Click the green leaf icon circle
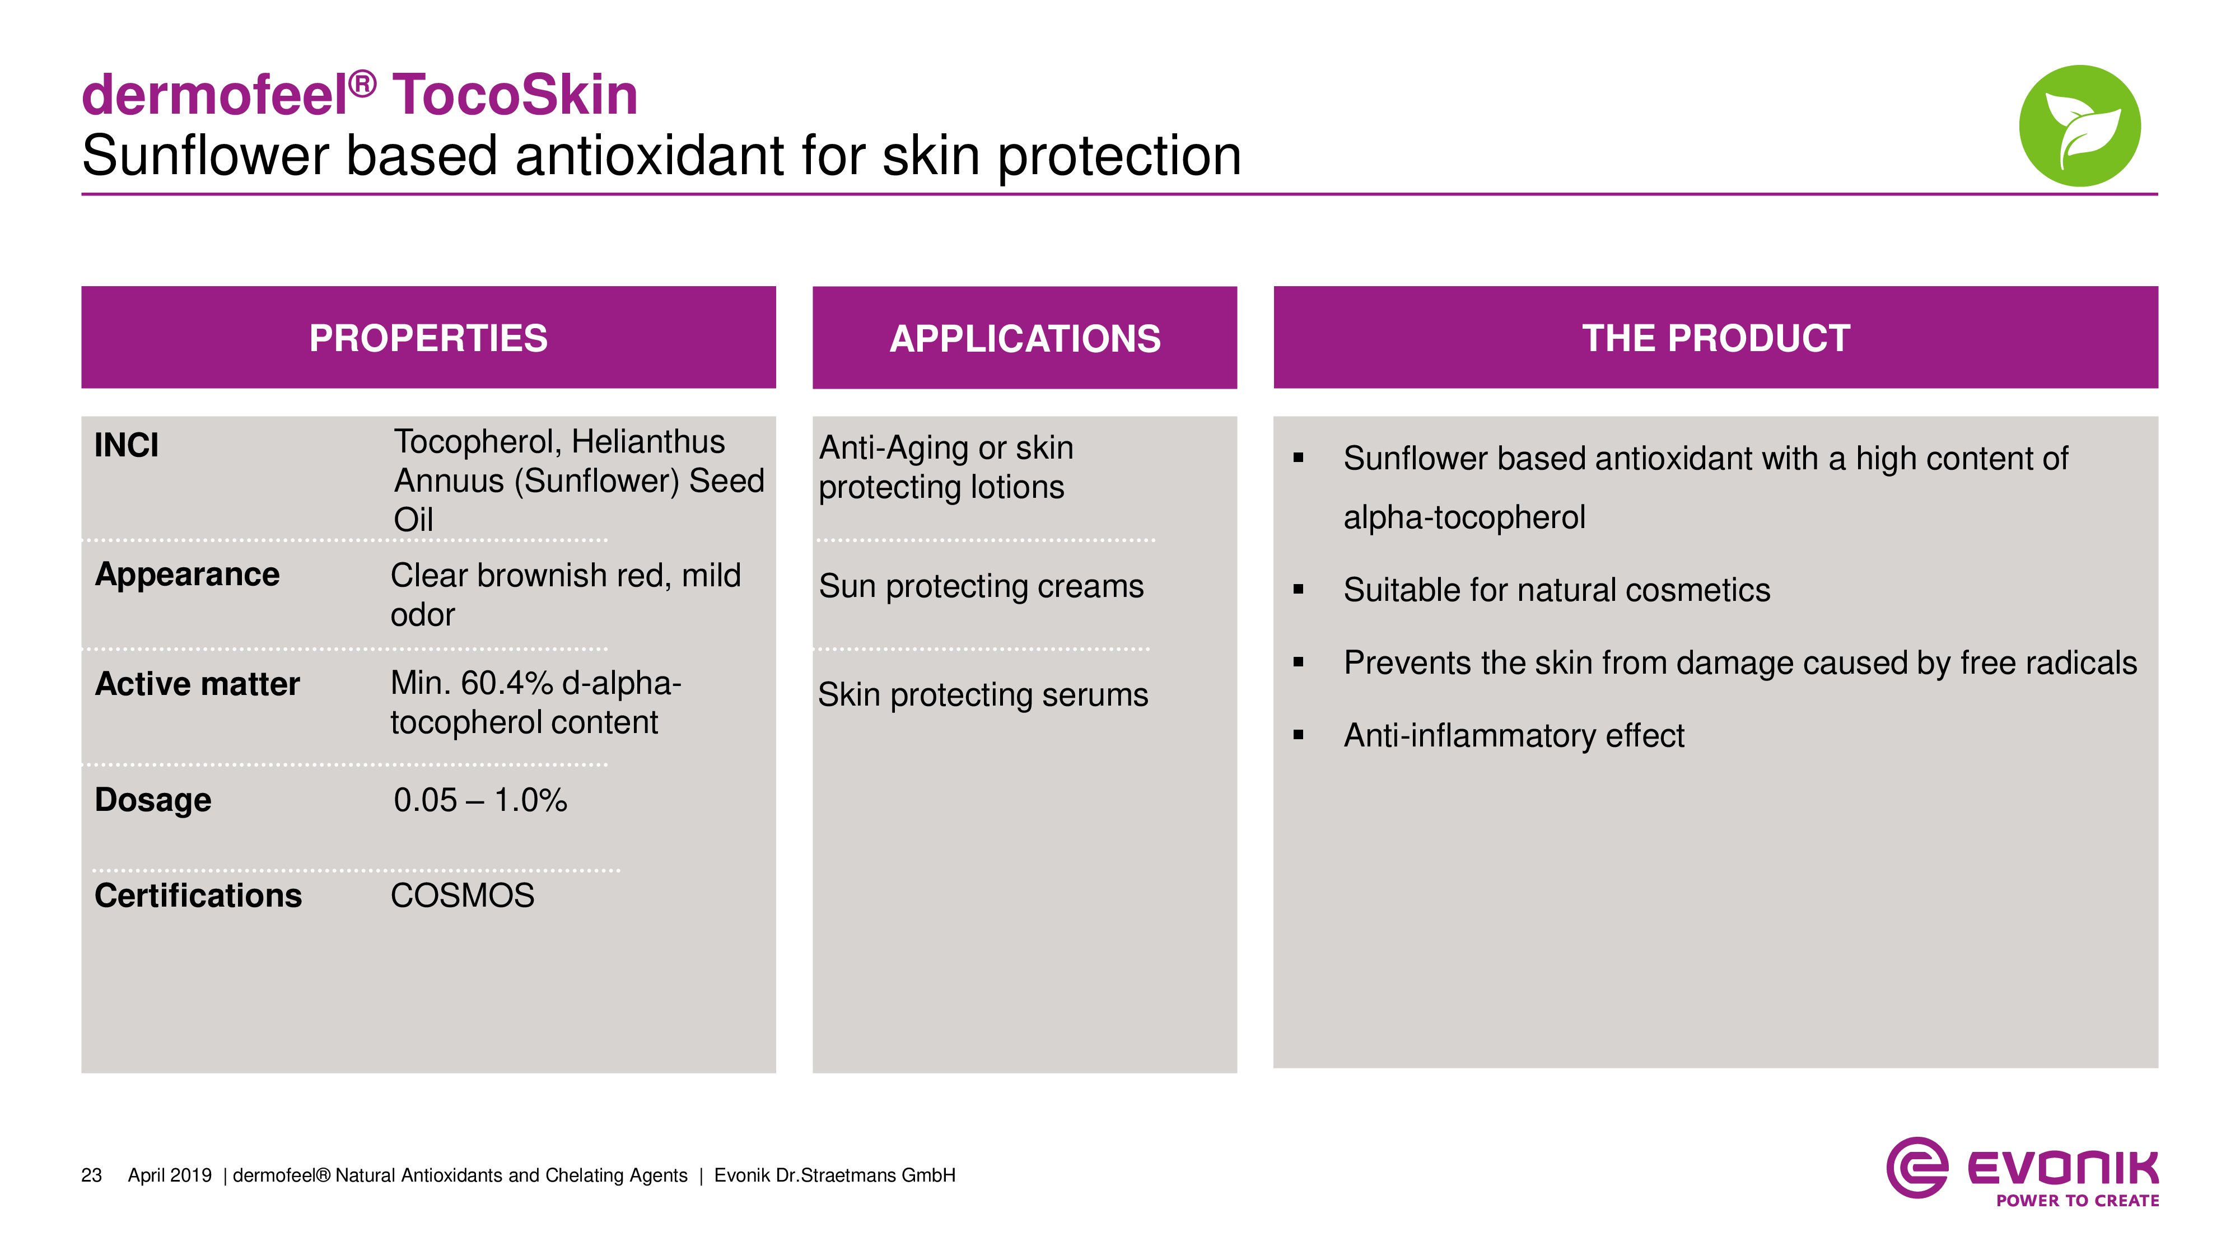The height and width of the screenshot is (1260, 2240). [x=2079, y=125]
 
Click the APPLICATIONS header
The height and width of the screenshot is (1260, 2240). [x=1024, y=338]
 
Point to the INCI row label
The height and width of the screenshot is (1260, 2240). [x=126, y=445]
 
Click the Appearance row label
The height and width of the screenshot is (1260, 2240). [x=187, y=575]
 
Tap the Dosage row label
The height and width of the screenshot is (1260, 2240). [x=153, y=800]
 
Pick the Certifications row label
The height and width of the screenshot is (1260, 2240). [x=198, y=895]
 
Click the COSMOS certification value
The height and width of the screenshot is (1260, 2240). [x=463, y=895]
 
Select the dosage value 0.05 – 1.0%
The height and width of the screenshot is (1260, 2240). [x=480, y=800]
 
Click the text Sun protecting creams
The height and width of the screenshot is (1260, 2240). [x=981, y=587]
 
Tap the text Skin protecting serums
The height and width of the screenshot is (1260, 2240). [x=983, y=696]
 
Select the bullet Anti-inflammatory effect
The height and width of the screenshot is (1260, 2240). [x=1514, y=736]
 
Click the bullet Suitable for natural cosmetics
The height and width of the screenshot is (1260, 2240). [x=1557, y=590]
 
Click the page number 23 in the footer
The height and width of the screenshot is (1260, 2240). [x=91, y=1175]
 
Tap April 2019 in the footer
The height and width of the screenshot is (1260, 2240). [x=170, y=1175]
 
